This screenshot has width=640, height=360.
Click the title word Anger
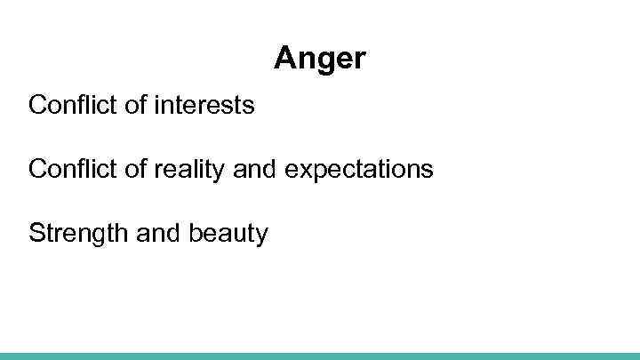click(x=319, y=59)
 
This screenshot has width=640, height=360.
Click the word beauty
click(x=228, y=233)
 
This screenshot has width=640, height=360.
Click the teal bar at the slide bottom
click(x=320, y=356)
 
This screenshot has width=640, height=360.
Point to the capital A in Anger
click(x=284, y=59)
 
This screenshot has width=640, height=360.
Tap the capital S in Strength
click(x=36, y=233)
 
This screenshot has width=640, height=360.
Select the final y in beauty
click(x=261, y=236)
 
